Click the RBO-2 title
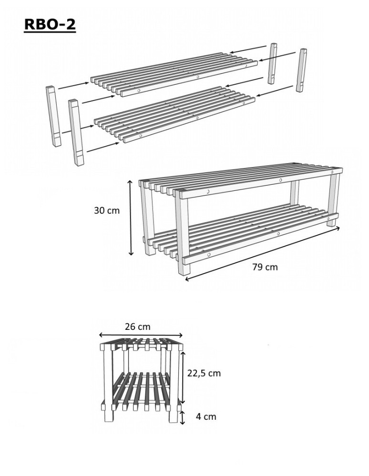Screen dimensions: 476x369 [50, 24]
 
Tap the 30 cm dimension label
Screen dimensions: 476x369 [107, 210]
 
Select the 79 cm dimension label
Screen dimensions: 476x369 [265, 267]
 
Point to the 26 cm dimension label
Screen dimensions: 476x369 [138, 327]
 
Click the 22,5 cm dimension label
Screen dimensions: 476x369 [204, 373]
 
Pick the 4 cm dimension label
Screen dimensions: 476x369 [206, 416]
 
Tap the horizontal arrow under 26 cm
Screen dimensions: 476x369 [141, 335]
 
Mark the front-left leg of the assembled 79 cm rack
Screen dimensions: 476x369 [181, 233]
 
